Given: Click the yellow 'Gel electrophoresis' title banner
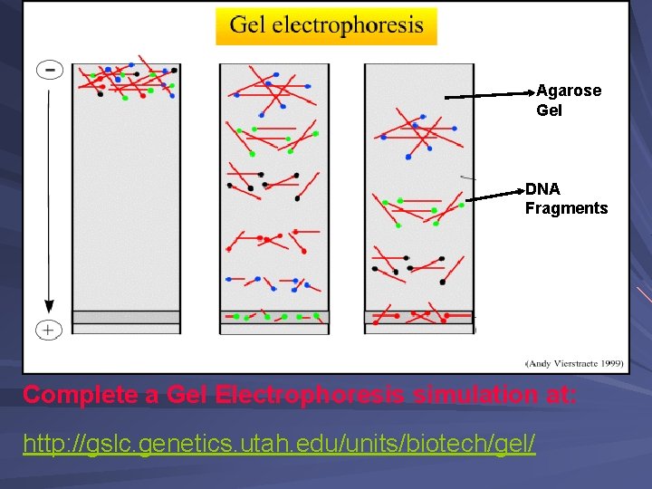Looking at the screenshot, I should coord(326,25).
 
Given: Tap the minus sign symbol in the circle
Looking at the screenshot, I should coord(49,70).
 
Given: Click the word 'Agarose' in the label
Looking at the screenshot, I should coord(569,91).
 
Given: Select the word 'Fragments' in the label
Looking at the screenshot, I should coord(566,208).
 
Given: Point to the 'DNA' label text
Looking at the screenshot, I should coord(542,189).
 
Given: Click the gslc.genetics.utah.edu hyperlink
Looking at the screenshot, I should coord(279,444).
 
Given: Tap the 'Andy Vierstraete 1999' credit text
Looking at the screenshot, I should coord(575,363).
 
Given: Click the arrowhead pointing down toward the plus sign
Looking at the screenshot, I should coord(49,306).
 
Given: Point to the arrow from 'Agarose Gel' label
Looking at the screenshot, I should coord(489,93).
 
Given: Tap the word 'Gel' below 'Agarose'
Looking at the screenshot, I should coord(549,110).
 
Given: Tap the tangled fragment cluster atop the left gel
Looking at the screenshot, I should coord(126,80).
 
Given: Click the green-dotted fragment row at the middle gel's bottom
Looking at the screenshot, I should coord(273,317).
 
